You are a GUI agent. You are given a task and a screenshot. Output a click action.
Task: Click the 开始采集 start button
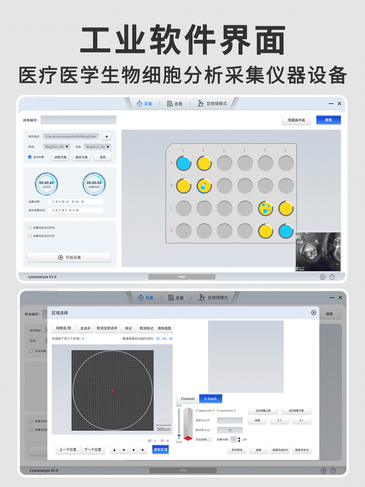pyautogui.click(x=69, y=258)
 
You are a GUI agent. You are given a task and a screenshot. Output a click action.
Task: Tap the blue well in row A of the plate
pyautogui.click(x=184, y=163)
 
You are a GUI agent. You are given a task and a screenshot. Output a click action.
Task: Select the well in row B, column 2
pyautogui.click(x=204, y=186)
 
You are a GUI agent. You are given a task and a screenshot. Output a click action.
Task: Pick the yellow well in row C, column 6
pyautogui.click(x=286, y=208)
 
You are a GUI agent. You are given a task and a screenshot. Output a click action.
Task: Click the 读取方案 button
pyautogui.click(x=60, y=157)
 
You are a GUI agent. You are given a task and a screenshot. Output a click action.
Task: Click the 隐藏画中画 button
pyautogui.click(x=296, y=120)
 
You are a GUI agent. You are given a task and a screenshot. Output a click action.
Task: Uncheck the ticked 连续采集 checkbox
pyautogui.click(x=30, y=157)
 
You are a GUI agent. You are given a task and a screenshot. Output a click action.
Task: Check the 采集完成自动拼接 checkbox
pyautogui.click(x=30, y=228)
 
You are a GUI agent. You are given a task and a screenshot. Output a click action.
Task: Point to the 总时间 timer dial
pyautogui.click(x=47, y=184)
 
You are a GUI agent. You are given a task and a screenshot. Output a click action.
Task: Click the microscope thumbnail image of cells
pyautogui.click(x=318, y=251)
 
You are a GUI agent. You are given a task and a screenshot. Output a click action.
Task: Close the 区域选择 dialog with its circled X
pyautogui.click(x=314, y=313)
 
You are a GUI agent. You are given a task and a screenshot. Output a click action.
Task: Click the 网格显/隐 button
pyautogui.click(x=64, y=328)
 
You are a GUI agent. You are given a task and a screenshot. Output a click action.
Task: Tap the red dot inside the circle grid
pyautogui.click(x=112, y=390)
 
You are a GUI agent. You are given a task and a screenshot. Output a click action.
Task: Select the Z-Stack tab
pyautogui.click(x=210, y=399)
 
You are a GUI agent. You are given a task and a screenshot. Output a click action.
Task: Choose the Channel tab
pyautogui.click(x=188, y=399)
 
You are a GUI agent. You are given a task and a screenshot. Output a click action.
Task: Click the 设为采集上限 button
pyautogui.click(x=263, y=411)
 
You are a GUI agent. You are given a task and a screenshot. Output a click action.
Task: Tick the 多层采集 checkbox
pyautogui.click(x=210, y=440)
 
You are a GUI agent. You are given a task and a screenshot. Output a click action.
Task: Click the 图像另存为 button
pyautogui.click(x=302, y=450)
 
